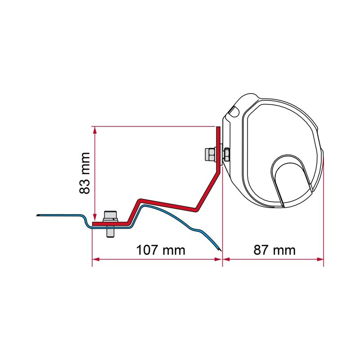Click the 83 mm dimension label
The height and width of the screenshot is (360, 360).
pos(85,173)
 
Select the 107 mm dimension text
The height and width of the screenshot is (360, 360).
pos(161,250)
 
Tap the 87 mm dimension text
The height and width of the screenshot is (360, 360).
pos(274,250)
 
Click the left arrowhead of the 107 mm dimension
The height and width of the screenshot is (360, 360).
pos(96,259)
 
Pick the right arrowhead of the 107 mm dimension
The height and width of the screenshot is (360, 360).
pos(218,259)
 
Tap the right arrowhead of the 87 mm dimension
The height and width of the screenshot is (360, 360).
pos(320,259)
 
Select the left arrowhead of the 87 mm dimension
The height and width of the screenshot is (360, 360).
pos(227,259)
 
